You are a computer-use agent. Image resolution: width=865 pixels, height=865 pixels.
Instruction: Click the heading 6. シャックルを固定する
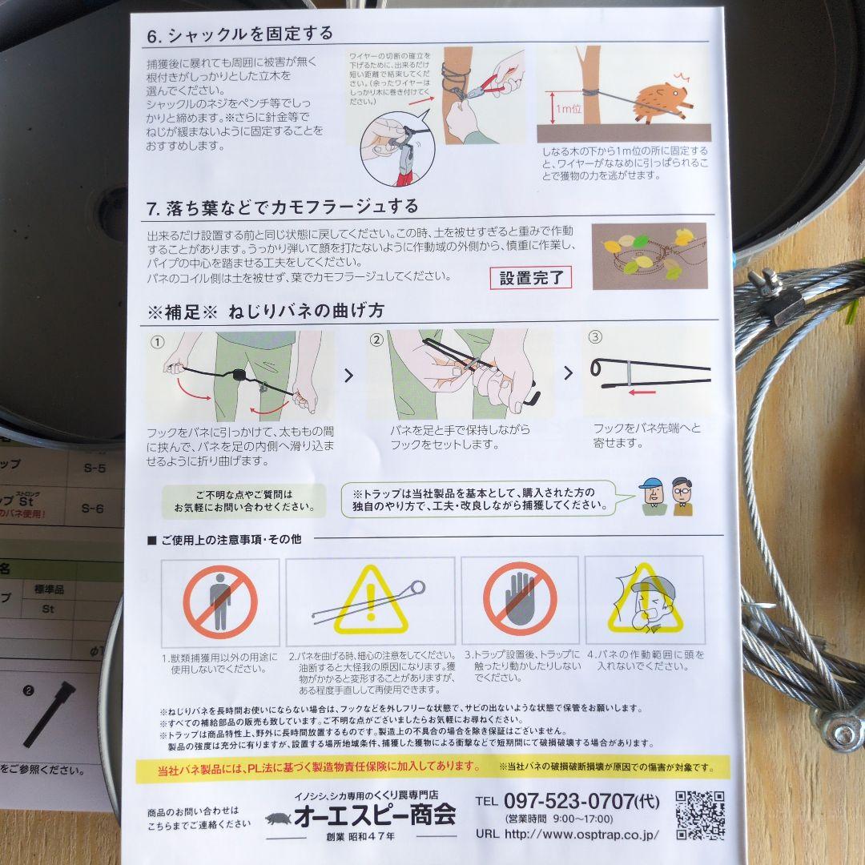(240, 34)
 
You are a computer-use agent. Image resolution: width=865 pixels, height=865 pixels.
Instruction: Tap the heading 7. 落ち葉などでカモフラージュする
(283, 207)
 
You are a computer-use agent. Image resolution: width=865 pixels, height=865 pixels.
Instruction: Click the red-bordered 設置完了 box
(531, 278)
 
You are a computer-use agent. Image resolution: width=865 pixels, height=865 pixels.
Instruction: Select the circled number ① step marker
(157, 341)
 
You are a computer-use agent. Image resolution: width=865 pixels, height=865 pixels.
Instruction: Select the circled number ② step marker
(376, 340)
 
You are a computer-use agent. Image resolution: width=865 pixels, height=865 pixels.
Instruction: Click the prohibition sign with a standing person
(220, 601)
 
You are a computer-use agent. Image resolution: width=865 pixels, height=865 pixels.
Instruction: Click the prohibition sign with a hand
(519, 598)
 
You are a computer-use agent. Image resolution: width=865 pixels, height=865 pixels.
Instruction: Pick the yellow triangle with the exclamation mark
(370, 601)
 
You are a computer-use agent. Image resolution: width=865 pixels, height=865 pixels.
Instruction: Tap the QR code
(699, 815)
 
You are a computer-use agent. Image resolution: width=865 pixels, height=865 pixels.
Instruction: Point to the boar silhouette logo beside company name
(279, 819)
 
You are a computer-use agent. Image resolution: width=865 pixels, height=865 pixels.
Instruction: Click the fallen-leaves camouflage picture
(649, 256)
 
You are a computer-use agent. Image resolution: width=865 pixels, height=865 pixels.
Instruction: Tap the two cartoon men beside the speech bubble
(666, 497)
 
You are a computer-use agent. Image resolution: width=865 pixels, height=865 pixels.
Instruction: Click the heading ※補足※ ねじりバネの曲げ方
(266, 312)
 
